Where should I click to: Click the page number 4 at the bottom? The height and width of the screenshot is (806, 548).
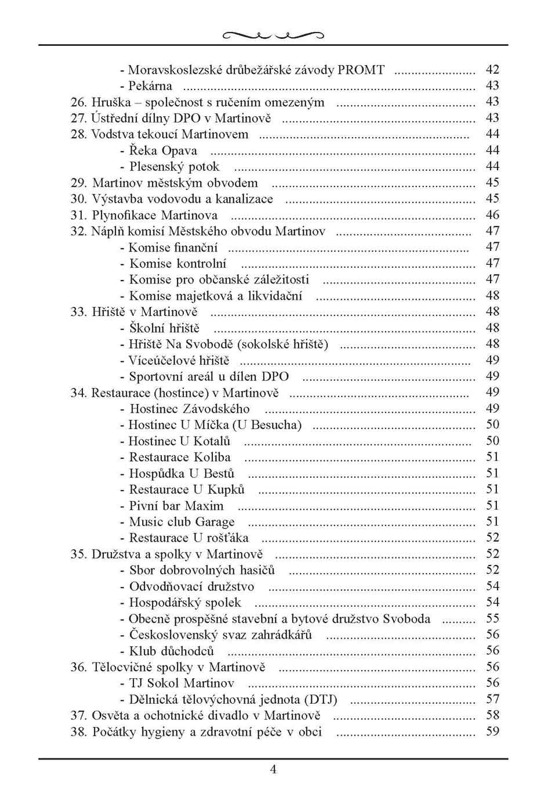coord(273,770)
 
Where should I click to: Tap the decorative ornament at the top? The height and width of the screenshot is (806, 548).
coord(273,35)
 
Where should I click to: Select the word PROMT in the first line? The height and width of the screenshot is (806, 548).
coord(361,70)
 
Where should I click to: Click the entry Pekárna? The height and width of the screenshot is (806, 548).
coord(150,86)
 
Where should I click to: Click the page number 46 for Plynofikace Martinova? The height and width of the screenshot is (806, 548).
coord(492,215)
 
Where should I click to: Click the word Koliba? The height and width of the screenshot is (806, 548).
coord(212,458)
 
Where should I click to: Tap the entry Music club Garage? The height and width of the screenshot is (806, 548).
coord(182,522)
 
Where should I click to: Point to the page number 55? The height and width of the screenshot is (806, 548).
coord(492,619)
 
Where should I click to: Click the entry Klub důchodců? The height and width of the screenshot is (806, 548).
coord(172,651)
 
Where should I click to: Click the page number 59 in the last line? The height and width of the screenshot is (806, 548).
coord(492,732)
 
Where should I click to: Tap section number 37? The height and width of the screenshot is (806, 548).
coord(78,716)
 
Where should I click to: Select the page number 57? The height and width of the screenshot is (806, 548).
coord(492,700)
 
